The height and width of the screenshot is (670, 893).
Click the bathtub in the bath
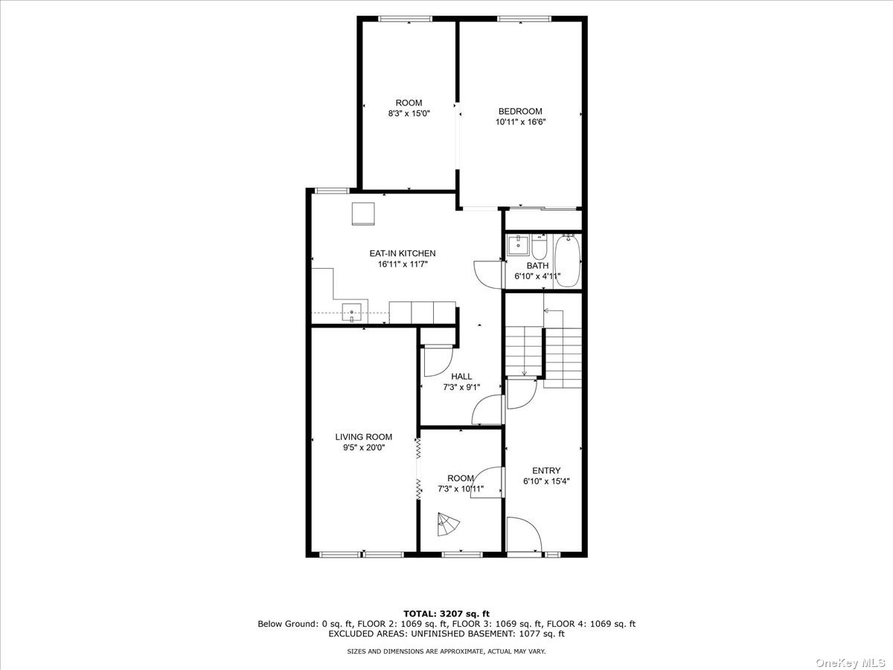pos(568,261)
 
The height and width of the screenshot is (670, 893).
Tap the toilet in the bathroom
pos(540,247)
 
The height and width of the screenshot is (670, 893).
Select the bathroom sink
pos(518,246)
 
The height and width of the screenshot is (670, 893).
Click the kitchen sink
pos(351,313)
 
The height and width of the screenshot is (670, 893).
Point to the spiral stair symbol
pos(447,524)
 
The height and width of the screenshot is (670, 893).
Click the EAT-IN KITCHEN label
pos(403,253)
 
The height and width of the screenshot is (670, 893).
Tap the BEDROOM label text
pos(520,111)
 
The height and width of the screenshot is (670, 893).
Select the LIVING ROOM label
pos(364,437)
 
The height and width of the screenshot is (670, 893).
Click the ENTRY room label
pos(546,470)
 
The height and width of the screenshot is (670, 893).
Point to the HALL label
pos(461,376)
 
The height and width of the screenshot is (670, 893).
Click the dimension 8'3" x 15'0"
pos(409,113)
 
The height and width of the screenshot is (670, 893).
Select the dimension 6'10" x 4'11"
pos(537,276)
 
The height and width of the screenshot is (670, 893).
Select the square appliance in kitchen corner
pos(363,214)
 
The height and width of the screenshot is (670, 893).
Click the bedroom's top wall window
pos(524,19)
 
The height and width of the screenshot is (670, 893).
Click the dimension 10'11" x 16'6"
pos(520,121)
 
